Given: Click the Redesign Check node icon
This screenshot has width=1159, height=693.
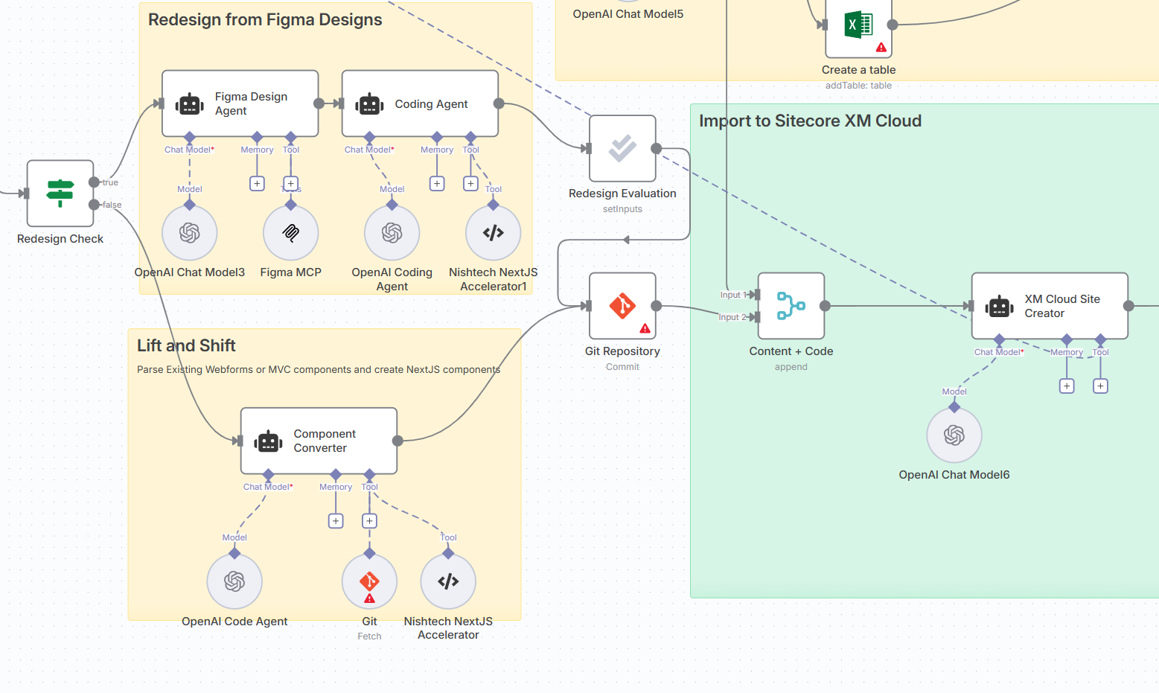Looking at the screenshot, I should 60,193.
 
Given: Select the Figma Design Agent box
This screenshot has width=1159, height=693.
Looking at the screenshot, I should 240,103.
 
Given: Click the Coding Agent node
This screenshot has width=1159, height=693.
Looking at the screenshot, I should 420,103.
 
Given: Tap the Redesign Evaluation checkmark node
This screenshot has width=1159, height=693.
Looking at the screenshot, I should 622,148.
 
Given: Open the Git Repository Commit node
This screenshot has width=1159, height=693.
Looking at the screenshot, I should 622,306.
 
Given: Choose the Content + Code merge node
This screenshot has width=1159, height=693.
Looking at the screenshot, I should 791,306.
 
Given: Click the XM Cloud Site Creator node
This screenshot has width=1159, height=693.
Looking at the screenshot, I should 1049,306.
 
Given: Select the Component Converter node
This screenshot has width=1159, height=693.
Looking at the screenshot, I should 319,441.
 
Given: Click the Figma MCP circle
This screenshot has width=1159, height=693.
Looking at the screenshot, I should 291,233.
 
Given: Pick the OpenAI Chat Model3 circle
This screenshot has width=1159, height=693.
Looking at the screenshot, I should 190,233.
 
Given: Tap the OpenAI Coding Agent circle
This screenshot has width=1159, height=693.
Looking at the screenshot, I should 392,233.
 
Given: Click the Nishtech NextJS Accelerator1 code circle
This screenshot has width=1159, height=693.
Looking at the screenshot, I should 494,233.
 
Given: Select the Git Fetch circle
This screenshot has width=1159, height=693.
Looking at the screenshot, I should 369,581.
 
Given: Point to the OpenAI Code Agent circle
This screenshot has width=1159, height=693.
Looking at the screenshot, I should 234,581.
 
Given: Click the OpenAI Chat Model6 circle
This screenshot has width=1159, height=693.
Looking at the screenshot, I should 954,435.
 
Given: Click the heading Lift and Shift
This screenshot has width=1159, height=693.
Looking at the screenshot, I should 186,345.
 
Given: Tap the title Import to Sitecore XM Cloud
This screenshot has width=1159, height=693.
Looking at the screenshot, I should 810,121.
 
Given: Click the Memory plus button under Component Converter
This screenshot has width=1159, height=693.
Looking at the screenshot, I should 336,521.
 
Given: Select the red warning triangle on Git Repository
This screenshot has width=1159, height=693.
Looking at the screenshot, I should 645,328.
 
